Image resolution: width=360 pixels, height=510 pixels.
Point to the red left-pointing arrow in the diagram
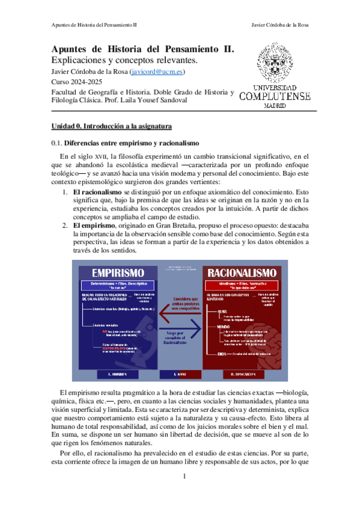coord(178,313)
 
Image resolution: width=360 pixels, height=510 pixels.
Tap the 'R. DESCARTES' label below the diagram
coord(244,374)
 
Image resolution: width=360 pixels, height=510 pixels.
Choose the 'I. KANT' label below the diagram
coord(180,374)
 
